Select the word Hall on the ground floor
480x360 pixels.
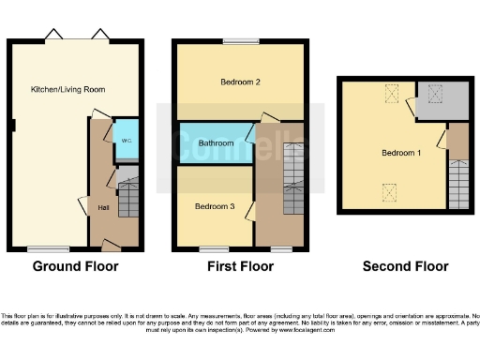(102, 207)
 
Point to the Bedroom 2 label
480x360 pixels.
(240, 82)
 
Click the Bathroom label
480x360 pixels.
(217, 143)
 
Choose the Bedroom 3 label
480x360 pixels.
(215, 205)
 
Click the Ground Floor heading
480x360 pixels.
(75, 266)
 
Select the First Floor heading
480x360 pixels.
(240, 266)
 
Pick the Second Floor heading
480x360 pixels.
(405, 266)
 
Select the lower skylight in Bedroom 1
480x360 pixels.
(386, 192)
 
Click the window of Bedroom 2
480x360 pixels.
(241, 40)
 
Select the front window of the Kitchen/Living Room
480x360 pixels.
(47, 249)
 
